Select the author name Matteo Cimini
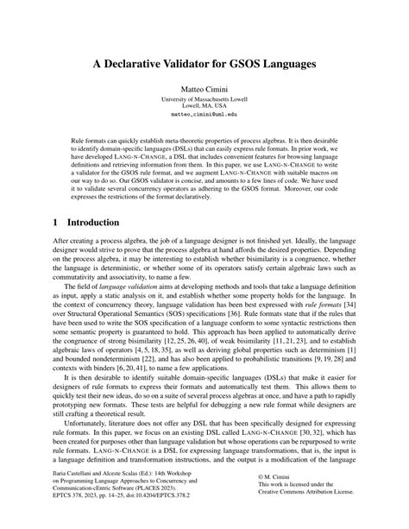pyautogui.click(x=204, y=88)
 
